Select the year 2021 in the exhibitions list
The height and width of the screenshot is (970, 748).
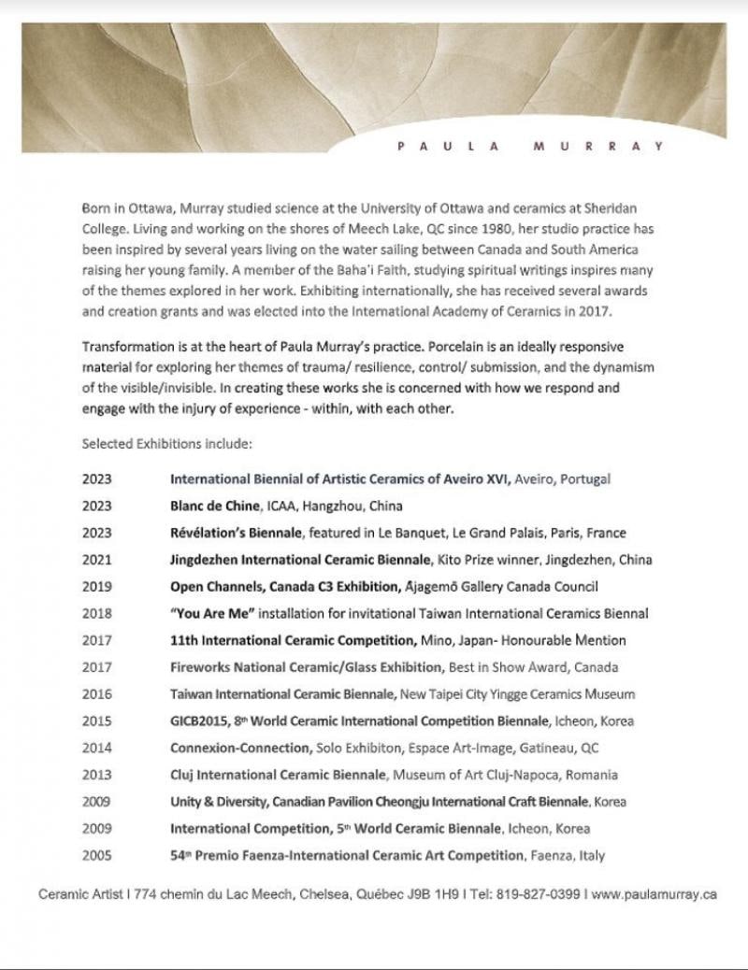click(x=96, y=560)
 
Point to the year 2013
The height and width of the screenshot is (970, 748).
click(x=96, y=775)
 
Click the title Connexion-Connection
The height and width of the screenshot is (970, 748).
click(x=239, y=749)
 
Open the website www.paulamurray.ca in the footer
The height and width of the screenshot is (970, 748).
click(x=654, y=894)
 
